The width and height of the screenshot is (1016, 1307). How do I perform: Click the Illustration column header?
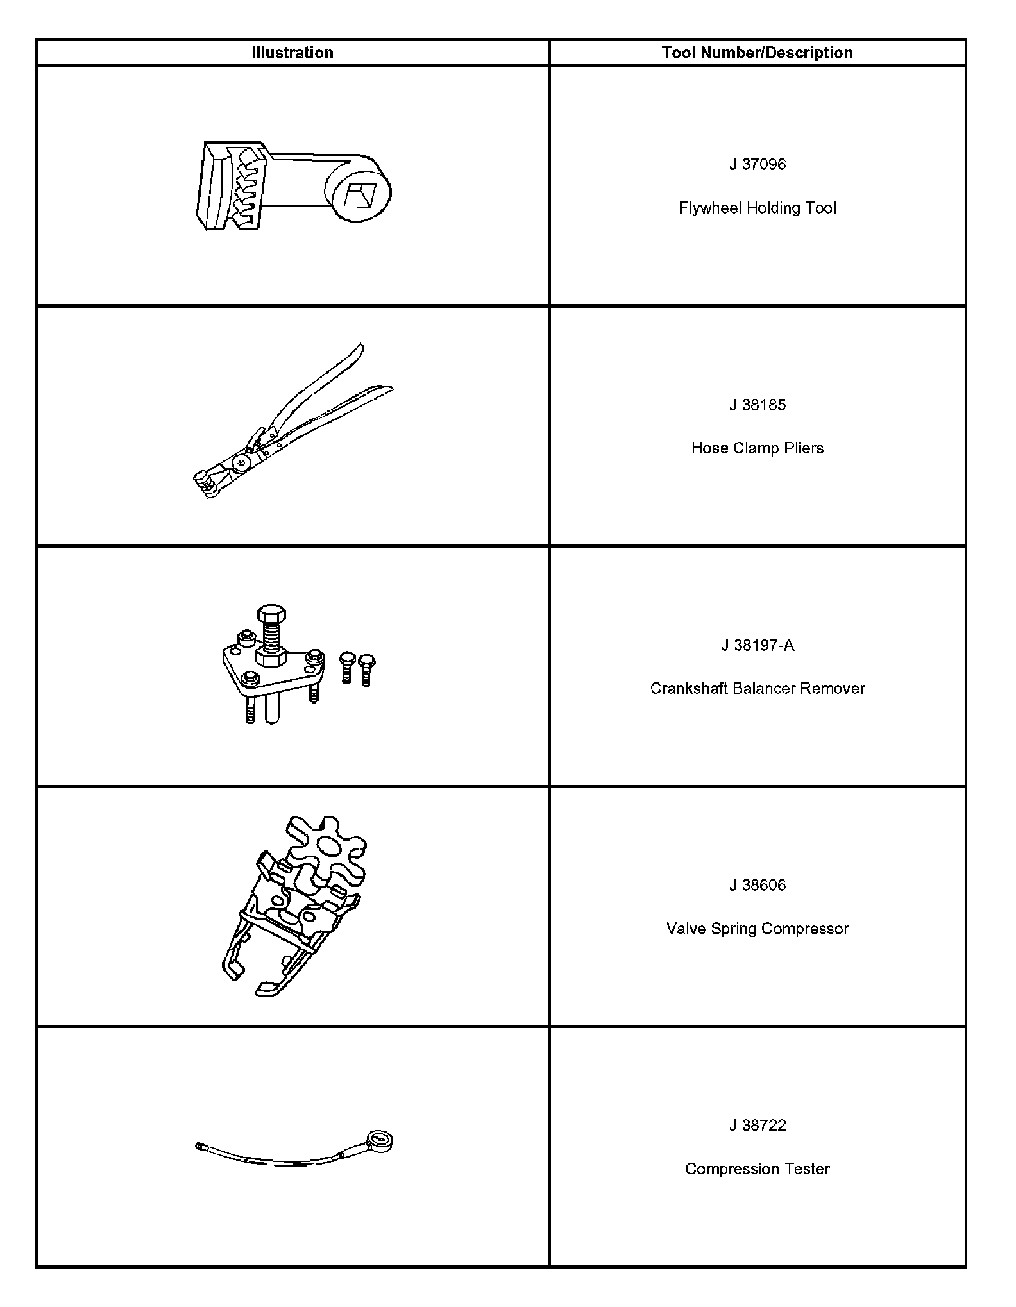(292, 53)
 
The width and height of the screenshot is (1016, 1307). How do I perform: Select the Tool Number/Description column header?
(757, 53)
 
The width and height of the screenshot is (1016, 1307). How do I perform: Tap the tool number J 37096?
(757, 164)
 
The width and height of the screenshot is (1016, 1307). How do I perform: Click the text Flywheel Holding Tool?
(757, 208)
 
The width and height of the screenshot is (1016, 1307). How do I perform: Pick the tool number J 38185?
(757, 405)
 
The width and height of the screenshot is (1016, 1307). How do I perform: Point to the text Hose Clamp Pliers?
(757, 448)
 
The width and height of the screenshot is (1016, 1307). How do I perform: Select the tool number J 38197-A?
(757, 645)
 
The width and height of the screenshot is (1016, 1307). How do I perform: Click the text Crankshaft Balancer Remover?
(757, 688)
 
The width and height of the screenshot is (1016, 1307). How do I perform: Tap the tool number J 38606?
(757, 885)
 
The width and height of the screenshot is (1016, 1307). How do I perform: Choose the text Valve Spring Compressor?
(757, 929)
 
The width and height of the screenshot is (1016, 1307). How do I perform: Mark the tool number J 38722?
(757, 1126)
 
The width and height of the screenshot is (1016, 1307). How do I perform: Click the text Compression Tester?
(757, 1169)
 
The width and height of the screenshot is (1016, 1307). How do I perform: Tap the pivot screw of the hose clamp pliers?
(241, 462)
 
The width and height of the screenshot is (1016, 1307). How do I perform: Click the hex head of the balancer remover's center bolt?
(271, 614)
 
